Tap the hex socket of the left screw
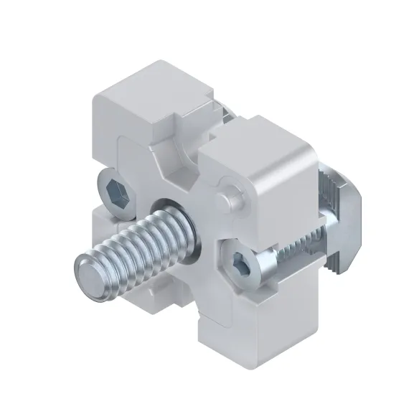[116, 192]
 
